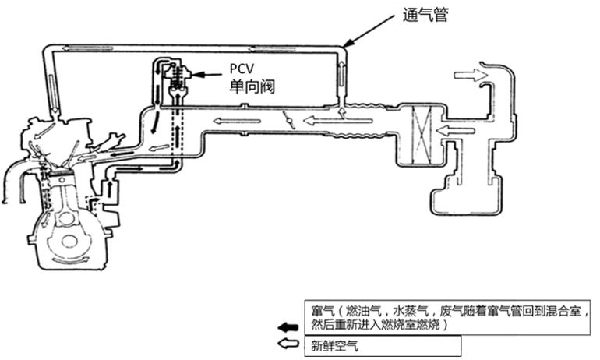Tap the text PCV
click(244, 69)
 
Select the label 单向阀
click(252, 86)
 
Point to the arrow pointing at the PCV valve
click(206, 75)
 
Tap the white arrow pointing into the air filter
click(456, 129)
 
